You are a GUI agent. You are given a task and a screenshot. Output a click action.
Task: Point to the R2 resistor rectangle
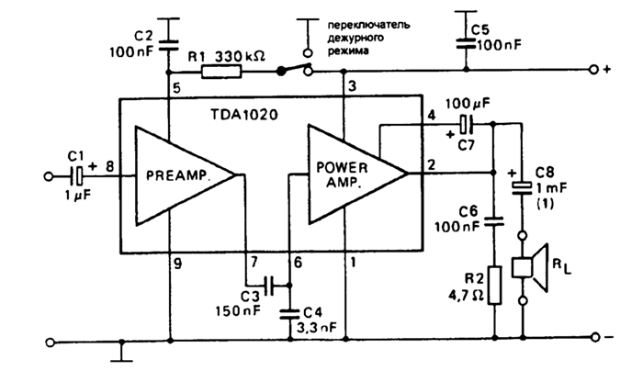(495, 286)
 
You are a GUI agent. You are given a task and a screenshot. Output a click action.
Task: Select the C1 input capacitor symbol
(80, 173)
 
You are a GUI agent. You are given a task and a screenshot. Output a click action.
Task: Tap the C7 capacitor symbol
(466, 124)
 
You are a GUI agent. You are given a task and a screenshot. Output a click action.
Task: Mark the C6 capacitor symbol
(495, 220)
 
